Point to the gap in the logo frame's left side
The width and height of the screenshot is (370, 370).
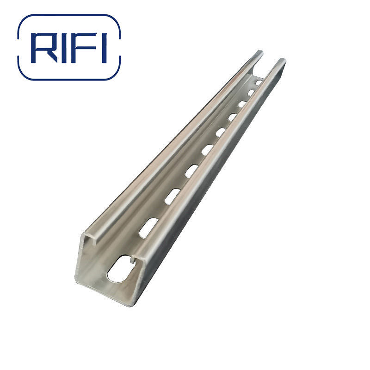point(18,46)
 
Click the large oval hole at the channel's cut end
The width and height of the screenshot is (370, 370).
point(118,270)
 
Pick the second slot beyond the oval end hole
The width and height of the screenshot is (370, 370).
point(172,196)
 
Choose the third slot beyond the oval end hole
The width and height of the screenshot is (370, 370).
point(191,171)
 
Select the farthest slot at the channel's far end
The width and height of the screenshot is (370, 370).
point(259,82)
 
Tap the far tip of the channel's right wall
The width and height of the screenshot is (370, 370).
point(282,60)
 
